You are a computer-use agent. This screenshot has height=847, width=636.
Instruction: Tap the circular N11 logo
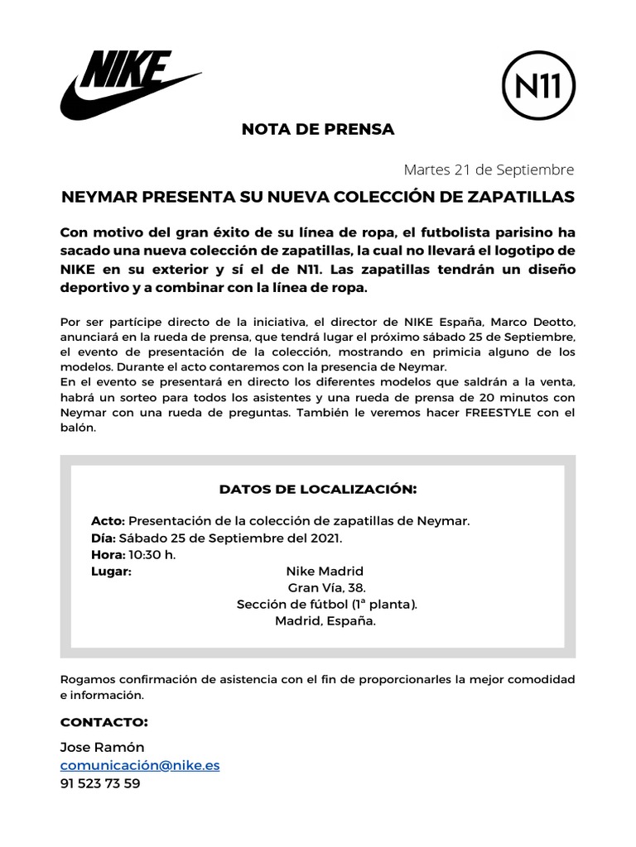(539, 86)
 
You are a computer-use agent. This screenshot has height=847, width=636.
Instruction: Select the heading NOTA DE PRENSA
(318, 130)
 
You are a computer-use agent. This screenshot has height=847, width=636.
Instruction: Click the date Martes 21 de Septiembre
(489, 170)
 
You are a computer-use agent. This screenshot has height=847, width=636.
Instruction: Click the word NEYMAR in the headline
(98, 198)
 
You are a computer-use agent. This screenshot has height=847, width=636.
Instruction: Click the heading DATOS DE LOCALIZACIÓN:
(318, 489)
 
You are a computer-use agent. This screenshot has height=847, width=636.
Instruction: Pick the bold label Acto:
(108, 521)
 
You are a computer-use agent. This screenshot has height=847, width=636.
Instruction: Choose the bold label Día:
(103, 538)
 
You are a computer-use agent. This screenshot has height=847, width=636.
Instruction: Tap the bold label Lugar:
(112, 571)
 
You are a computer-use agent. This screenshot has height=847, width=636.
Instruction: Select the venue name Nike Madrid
(325, 571)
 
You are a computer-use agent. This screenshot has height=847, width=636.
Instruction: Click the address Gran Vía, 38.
(326, 587)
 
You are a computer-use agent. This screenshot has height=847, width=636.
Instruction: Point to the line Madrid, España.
(325, 620)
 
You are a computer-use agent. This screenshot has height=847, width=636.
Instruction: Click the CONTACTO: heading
(104, 722)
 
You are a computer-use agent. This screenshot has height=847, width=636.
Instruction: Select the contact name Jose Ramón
(102, 747)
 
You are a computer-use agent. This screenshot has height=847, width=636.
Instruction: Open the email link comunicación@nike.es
(140, 765)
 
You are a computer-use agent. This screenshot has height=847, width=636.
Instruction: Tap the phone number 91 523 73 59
(100, 783)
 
